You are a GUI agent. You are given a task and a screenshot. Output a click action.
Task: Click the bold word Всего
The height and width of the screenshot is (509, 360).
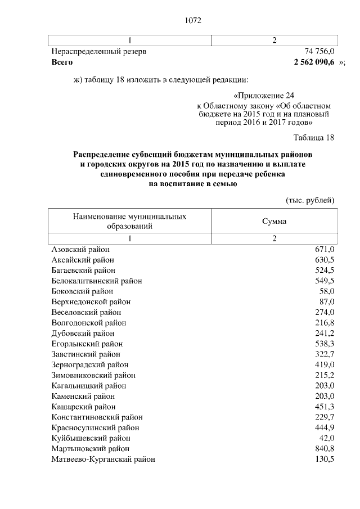(62, 61)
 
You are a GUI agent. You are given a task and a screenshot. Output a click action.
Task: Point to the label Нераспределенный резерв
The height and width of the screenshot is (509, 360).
(99, 51)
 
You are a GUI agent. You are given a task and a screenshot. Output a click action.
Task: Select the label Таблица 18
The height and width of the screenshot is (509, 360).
(314, 138)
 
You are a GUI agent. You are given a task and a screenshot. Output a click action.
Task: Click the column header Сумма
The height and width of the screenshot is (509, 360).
(274, 221)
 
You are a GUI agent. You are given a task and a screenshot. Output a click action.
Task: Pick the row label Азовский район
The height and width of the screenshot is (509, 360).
(80, 249)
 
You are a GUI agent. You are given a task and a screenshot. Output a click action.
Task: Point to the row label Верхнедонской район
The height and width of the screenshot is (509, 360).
(91, 302)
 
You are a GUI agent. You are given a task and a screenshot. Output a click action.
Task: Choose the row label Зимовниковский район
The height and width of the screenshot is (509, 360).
(93, 375)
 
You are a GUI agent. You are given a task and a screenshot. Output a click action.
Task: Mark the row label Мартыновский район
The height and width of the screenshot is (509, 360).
(90, 449)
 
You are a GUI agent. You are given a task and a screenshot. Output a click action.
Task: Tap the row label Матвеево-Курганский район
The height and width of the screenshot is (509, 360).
(103, 459)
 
